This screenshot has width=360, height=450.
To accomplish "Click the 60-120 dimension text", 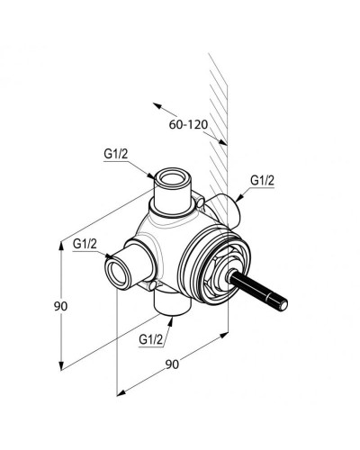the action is pyautogui.click(x=188, y=124).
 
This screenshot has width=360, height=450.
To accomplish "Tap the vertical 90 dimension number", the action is pyautogui.click(x=60, y=306).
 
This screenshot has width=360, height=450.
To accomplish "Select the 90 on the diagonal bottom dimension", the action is pyautogui.click(x=172, y=364).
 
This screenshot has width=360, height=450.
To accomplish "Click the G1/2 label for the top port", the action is pyautogui.click(x=116, y=154).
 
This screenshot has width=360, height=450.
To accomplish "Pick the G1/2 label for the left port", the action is pyautogui.click(x=85, y=244).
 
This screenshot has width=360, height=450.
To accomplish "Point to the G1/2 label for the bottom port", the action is pyautogui.click(x=151, y=340).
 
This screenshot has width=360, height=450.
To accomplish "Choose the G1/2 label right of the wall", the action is pyautogui.click(x=263, y=181).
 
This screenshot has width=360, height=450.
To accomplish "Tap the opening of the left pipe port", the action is pyautogui.click(x=116, y=274).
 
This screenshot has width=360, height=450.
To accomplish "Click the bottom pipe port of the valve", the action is pyautogui.click(x=172, y=303).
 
